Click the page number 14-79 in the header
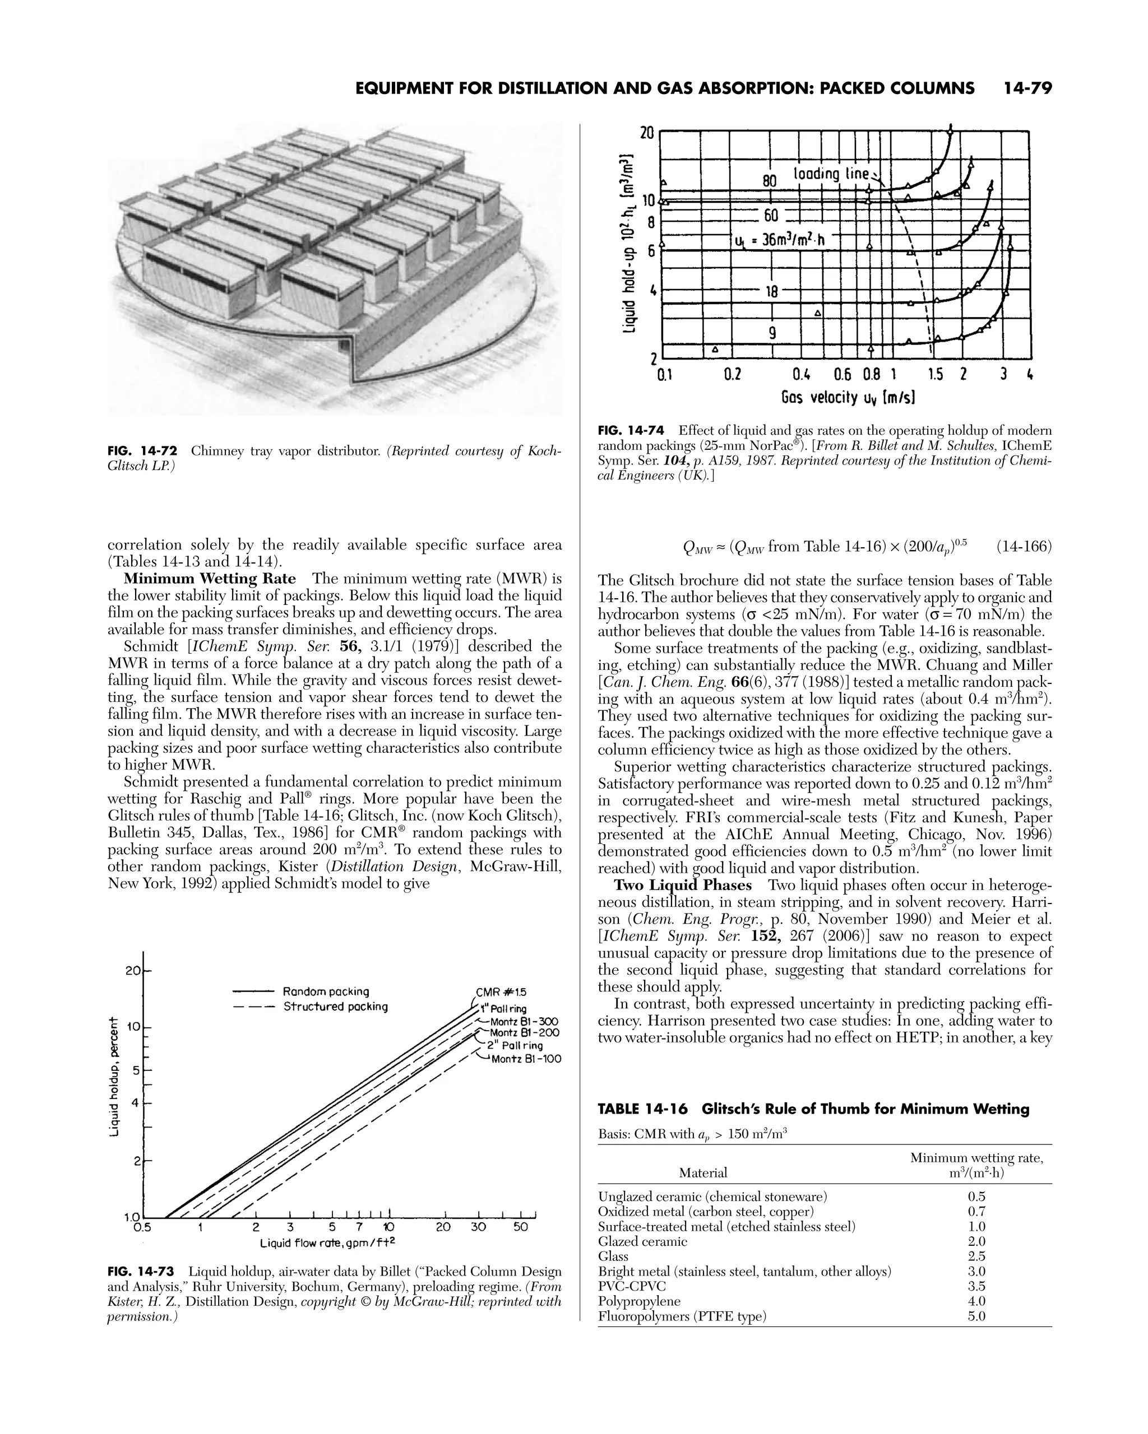1027,89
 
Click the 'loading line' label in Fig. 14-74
832,174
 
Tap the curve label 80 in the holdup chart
769,181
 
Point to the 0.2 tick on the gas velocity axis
732,374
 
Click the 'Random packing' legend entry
326,991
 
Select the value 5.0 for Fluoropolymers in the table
976,1316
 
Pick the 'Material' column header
703,1172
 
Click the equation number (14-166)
1024,547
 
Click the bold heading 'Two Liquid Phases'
682,885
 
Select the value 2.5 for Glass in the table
976,1256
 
